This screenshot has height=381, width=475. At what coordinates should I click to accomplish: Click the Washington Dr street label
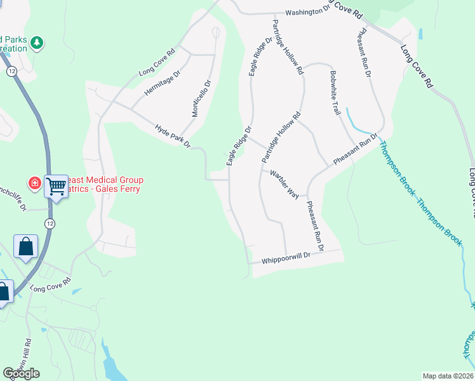308,11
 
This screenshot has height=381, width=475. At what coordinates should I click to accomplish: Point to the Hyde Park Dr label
173,136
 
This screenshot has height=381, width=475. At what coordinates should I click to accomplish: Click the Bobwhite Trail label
335,92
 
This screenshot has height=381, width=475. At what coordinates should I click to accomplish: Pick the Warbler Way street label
284,184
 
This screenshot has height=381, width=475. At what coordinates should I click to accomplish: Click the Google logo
21,373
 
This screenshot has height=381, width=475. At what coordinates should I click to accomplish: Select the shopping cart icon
57,185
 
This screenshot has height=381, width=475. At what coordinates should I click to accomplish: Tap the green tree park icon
37,43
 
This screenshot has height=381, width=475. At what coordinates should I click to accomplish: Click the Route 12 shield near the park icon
12,72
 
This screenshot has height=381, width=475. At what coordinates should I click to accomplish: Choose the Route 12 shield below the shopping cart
50,223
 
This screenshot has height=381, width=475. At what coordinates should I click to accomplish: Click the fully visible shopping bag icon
25,246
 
